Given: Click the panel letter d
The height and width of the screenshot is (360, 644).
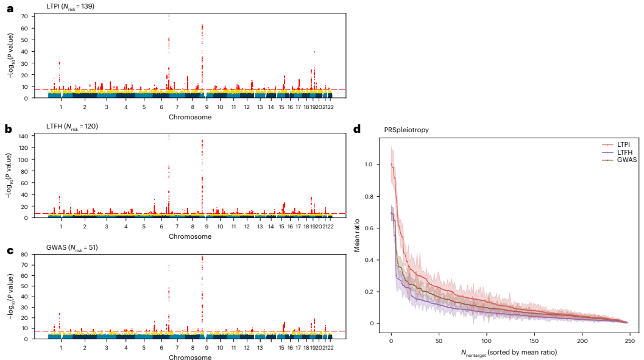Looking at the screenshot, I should click(357, 129).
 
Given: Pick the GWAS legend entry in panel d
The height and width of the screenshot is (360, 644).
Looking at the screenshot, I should click(621, 159).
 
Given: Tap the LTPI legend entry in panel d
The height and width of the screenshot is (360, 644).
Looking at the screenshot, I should click(621, 143).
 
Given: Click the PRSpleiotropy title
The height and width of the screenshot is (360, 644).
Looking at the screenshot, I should click(406, 130).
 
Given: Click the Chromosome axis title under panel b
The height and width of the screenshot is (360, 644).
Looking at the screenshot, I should click(190, 236).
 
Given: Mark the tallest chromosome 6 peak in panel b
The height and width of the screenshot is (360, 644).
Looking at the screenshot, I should click(169, 135).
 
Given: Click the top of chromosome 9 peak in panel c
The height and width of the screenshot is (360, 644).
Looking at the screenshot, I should click(202, 256).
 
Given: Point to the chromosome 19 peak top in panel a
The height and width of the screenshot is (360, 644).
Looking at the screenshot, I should click(314, 52).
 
